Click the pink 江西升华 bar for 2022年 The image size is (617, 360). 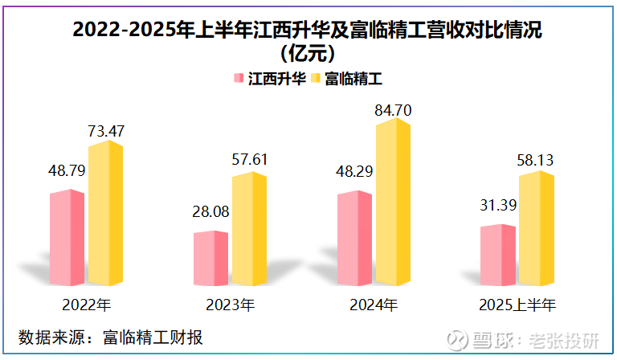coord(67,238)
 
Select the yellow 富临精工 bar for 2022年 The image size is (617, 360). coord(105,213)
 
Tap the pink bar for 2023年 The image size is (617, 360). coord(210,258)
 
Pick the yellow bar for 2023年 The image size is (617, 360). coord(249,229)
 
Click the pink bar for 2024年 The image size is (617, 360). coord(354,238)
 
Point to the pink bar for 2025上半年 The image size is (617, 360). coord(497,255)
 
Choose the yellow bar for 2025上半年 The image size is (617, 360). coord(536,228)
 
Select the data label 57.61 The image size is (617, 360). coord(249,159)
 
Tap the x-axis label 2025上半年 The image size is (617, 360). coord(517,305)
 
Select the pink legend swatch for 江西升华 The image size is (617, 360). coord(238,79)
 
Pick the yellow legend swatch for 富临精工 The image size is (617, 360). coord(315,79)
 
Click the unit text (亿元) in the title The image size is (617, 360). coord(308,55)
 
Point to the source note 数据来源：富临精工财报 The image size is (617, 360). coord(110,336)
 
